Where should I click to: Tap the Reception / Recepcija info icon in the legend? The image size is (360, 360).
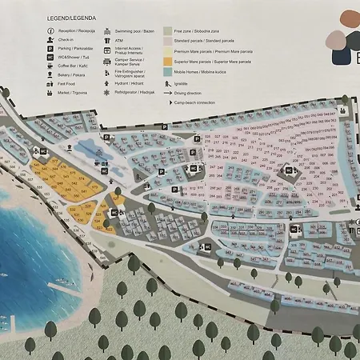(50, 30)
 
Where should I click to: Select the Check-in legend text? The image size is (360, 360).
(66, 39)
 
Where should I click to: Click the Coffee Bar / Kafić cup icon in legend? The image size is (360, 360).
(50, 66)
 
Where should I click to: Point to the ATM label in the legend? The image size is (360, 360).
(118, 39)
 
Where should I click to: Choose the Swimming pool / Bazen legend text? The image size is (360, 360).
(134, 30)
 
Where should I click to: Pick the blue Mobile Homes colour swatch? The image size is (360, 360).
(168, 72)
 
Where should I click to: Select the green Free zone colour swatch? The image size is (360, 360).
(168, 30)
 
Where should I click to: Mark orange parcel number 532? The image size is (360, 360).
(73, 210)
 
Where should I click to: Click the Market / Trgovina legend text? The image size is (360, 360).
(73, 93)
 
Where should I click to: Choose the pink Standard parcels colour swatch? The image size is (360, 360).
(168, 40)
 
